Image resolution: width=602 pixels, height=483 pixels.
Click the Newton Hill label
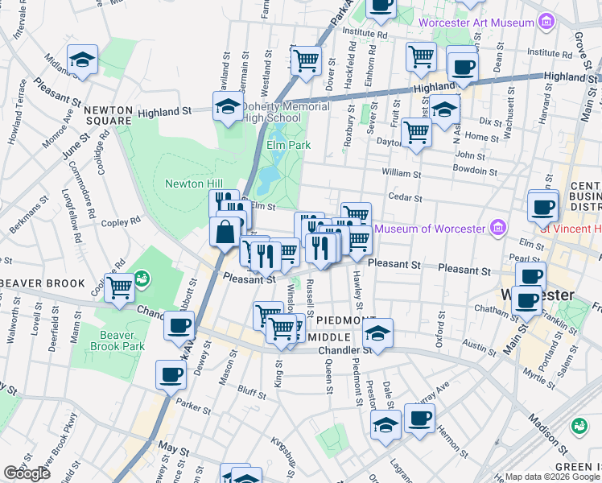(x=193, y=184)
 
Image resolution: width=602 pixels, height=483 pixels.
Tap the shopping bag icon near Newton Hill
(x=225, y=232)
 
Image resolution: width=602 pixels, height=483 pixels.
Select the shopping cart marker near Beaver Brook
(x=120, y=286)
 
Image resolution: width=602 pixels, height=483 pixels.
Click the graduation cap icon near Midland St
(x=82, y=60)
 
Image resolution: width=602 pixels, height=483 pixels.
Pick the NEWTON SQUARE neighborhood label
(x=107, y=115)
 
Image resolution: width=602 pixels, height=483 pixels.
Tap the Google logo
(x=27, y=473)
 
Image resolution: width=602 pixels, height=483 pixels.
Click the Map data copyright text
(x=551, y=477)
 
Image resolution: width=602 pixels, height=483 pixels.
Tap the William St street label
(x=401, y=173)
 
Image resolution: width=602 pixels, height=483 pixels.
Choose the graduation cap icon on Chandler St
(x=378, y=332)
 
